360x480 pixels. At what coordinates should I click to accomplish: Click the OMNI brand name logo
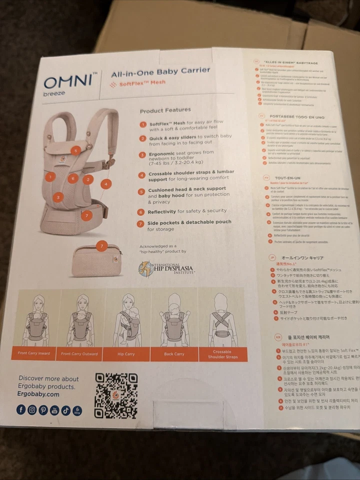[x=70, y=81]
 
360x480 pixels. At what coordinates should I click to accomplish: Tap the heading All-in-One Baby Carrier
[x=160, y=72]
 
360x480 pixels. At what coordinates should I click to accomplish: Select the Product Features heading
[x=165, y=110]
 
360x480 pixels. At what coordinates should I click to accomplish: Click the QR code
[x=116, y=395]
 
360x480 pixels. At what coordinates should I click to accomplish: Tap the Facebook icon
[x=21, y=410]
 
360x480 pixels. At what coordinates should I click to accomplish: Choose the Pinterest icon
[x=43, y=410]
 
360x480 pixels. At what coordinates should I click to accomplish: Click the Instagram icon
[x=32, y=410]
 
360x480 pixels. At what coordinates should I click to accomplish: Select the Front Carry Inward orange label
[x=34, y=353]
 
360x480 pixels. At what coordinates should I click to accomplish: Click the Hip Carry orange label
[x=126, y=354]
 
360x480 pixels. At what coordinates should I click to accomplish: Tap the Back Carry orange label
[x=174, y=354]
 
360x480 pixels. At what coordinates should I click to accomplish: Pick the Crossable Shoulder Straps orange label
[x=222, y=354]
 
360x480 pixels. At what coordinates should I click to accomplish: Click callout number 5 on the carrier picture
[x=75, y=150]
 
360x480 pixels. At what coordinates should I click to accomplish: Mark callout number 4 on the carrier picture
[x=105, y=183]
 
